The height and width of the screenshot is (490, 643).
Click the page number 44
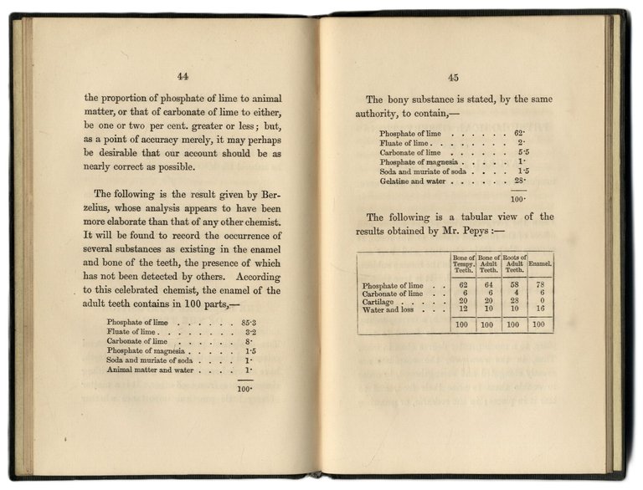point(183,77)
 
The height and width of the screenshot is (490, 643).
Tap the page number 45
point(453,78)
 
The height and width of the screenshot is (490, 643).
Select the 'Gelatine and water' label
point(416,181)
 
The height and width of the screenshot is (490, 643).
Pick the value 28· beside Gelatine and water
point(518,181)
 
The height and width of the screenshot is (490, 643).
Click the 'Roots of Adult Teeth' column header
point(514,263)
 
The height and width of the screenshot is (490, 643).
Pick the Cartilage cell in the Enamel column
point(539,302)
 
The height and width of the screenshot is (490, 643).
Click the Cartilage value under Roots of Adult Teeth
point(514,302)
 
